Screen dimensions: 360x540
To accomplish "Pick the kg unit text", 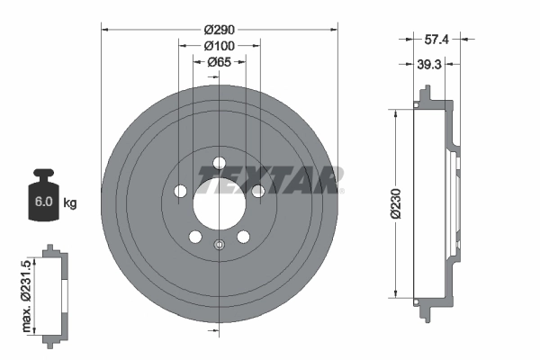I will point(70,203).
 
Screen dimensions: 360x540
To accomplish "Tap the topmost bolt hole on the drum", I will point(219,163).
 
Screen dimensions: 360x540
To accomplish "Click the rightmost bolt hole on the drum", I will point(258,191).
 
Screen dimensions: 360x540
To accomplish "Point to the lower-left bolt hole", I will point(194,237).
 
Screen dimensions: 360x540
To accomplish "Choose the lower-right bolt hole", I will point(243,237).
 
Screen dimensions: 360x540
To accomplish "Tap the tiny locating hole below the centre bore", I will point(219,244).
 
